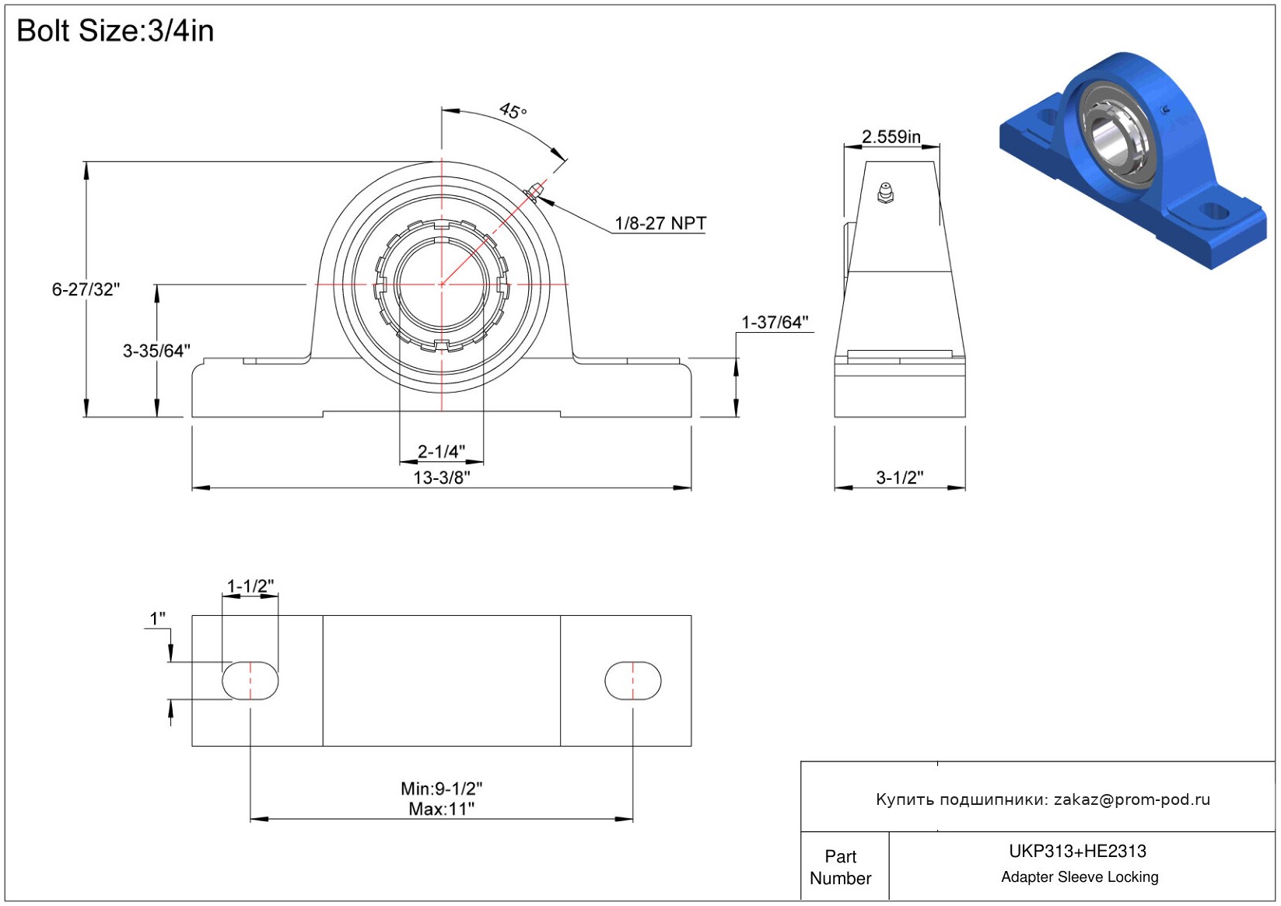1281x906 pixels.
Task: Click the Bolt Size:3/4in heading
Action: click(115, 30)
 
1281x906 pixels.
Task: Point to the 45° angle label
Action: click(513, 110)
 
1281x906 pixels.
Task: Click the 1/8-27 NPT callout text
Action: click(660, 223)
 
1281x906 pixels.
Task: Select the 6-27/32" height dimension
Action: click(86, 289)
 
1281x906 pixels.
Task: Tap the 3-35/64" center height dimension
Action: click(156, 351)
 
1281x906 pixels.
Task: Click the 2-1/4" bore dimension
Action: click(441, 451)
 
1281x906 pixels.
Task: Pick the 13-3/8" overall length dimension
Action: click(442, 477)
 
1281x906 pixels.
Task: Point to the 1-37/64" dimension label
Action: click(775, 322)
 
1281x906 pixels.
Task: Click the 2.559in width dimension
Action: click(891, 137)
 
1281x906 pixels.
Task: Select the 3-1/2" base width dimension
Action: click(900, 477)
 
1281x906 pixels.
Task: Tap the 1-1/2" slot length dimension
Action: click(250, 586)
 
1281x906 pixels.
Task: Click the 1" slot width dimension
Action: click(157, 618)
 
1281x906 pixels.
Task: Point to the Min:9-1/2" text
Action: click(442, 789)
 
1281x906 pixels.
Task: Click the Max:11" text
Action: click(442, 810)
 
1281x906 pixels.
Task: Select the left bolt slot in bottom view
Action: click(250, 680)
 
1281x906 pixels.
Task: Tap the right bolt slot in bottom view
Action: click(633, 680)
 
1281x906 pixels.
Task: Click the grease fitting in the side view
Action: click(885, 193)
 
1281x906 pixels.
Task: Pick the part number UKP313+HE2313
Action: click(1077, 851)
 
